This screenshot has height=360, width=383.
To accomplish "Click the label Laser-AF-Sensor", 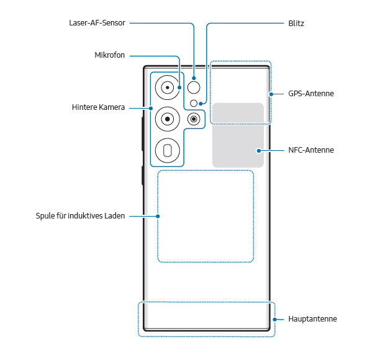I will [97, 23].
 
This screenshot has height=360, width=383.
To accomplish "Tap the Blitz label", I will [296, 23].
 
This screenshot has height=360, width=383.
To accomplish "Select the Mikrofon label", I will [109, 55].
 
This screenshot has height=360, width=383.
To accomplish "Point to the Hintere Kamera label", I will [98, 107].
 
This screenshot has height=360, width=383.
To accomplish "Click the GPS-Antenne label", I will [311, 94].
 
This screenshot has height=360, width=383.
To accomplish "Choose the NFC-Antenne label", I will [311, 150].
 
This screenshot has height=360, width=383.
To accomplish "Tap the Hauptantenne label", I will [313, 319].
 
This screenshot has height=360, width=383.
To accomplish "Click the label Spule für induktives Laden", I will [81, 216].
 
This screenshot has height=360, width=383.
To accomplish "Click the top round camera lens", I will [168, 88].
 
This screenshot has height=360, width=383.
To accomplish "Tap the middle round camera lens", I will [168, 118].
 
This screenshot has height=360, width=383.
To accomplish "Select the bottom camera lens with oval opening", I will [168, 149].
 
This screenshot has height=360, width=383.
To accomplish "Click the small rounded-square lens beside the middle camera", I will [195, 119].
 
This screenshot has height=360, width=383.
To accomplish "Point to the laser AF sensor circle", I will [194, 87].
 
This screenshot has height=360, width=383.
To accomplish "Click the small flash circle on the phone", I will [194, 102].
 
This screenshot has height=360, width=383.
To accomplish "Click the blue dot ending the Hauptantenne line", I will [275, 319].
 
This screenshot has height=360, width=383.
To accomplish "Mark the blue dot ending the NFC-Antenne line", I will [258, 150].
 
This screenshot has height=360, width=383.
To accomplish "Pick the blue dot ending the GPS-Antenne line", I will [271, 94].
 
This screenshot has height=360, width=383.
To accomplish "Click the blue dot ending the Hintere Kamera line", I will [150, 107].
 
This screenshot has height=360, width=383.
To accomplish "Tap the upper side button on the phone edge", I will [143, 133].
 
